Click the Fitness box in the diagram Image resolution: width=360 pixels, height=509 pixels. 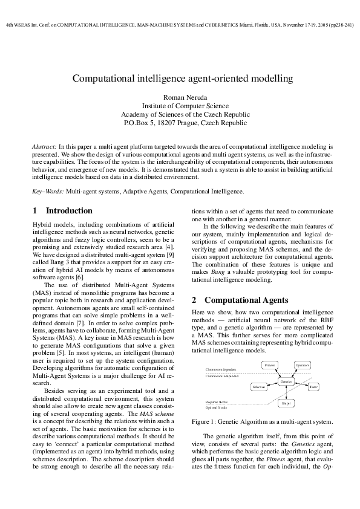click(x=270, y=365)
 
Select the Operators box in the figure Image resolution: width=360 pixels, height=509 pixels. click(x=303, y=365)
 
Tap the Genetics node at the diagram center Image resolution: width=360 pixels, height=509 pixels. click(x=287, y=381)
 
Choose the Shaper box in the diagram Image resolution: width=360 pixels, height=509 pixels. click(x=287, y=403)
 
